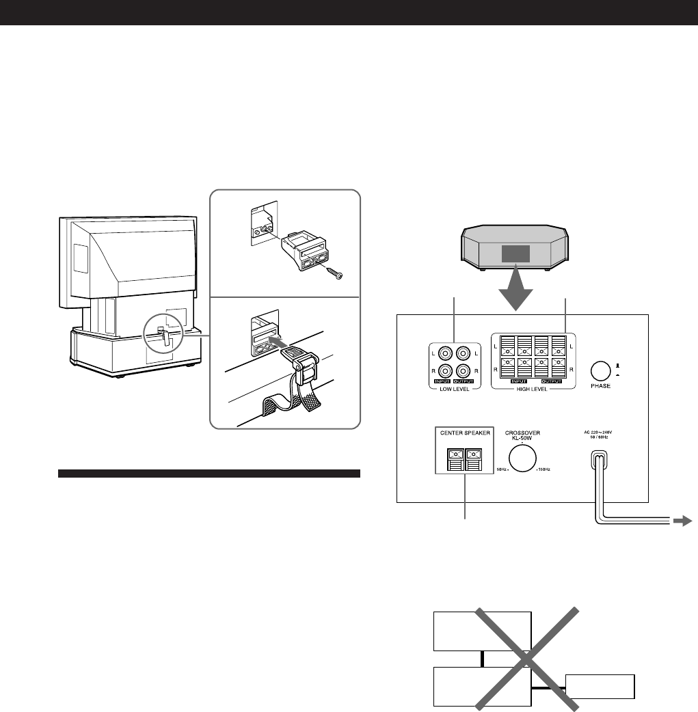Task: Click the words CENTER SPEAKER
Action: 464,433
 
